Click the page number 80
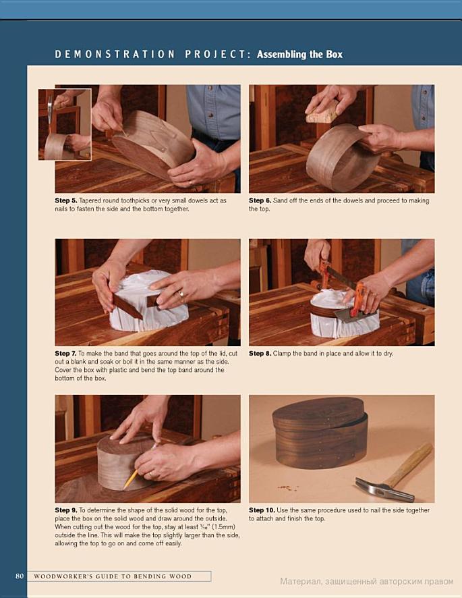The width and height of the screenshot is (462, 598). (20, 576)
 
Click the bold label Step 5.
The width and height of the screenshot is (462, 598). (66, 200)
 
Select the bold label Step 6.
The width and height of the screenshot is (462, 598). (260, 200)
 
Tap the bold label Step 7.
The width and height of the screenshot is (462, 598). (65, 354)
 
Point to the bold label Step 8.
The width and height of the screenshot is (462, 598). (260, 354)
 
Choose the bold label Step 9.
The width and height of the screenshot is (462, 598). (66, 510)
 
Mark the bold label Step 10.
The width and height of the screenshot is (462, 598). (262, 510)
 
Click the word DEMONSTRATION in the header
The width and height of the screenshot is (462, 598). (115, 55)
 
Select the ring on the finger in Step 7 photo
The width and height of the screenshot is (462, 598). (181, 294)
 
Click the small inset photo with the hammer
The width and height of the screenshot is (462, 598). (65, 124)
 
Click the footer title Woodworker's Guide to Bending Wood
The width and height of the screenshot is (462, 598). (113, 576)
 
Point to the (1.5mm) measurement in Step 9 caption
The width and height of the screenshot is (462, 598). (223, 527)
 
